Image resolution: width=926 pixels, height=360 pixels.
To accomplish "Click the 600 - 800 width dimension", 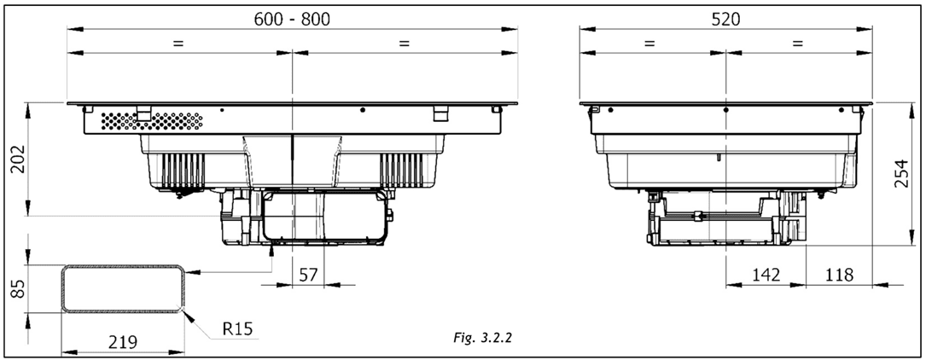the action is [x=292, y=19].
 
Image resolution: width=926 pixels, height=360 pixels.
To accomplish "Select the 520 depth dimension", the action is [x=725, y=19].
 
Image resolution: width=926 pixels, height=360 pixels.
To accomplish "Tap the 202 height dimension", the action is [x=19, y=159].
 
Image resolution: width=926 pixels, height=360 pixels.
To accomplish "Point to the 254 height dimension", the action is [x=900, y=173].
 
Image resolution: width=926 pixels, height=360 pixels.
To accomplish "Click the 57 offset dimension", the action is [x=309, y=275].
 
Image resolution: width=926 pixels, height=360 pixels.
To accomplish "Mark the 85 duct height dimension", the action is [x=19, y=289].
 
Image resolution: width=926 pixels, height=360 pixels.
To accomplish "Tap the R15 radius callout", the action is [x=237, y=328].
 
